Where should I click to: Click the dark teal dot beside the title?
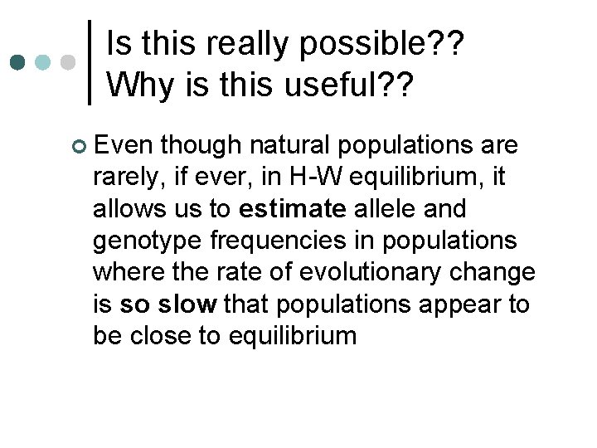click(x=17, y=62)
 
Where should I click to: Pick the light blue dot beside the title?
click(x=43, y=62)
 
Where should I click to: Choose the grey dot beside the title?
click(x=69, y=62)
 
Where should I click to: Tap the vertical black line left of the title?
click(x=90, y=62)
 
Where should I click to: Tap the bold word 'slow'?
click(x=190, y=304)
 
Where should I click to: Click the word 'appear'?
click(x=465, y=304)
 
